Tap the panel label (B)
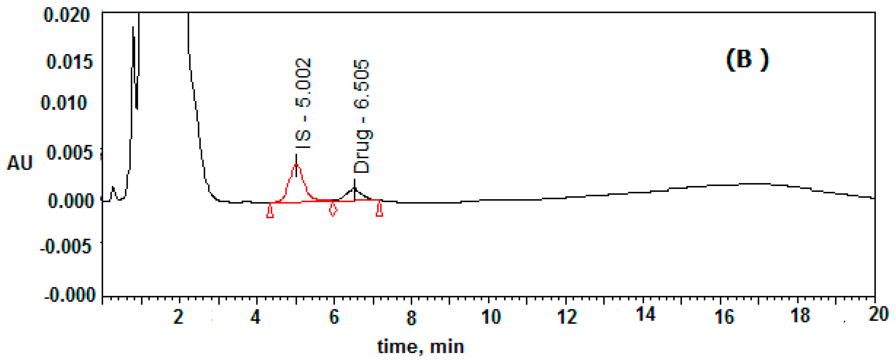[747, 60]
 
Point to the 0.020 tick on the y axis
[67, 15]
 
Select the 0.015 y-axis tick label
[69, 62]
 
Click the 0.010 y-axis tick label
[64, 103]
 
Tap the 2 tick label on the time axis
[179, 317]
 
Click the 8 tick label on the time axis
[412, 317]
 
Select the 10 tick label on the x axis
[491, 317]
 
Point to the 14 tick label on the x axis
[645, 315]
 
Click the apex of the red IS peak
[296, 165]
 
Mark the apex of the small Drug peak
[354, 188]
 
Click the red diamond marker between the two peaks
[333, 209]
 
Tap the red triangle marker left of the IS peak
[270, 212]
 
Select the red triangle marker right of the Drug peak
[380, 210]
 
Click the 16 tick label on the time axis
[724, 317]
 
